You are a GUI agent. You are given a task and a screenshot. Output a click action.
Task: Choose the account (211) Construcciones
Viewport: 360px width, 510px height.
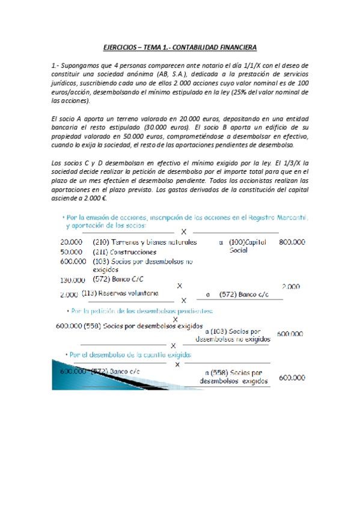[124, 252]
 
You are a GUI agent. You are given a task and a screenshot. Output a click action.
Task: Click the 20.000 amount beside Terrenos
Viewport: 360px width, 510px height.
[72, 242]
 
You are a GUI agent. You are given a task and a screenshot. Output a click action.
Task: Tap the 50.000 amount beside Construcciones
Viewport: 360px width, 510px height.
[72, 251]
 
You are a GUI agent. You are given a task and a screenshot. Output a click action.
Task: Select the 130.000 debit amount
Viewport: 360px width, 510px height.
[72, 280]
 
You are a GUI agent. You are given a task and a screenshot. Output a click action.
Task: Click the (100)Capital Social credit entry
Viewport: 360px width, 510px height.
[246, 246]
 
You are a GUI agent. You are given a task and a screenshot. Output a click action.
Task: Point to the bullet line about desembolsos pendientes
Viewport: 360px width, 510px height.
[141, 312]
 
